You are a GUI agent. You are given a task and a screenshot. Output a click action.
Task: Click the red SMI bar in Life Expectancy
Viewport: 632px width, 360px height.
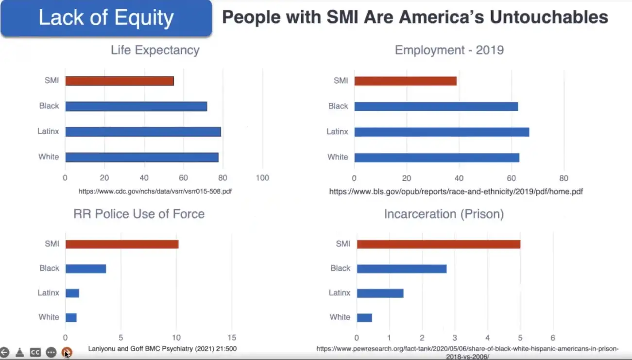[120, 81]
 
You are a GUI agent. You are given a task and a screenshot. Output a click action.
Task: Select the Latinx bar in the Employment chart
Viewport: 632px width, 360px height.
[442, 132]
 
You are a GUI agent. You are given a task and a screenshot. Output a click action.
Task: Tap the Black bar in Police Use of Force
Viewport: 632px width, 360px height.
[85, 268]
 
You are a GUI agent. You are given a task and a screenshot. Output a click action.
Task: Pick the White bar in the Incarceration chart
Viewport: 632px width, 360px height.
[364, 317]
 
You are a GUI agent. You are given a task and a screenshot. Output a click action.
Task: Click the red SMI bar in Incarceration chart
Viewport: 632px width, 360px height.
[438, 244]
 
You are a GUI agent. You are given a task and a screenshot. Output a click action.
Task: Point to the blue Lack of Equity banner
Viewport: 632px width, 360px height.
[106, 18]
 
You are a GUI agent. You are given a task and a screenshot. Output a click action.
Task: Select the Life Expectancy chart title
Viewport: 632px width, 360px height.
[155, 50]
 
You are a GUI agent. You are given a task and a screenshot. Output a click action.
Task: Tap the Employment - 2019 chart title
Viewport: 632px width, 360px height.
[449, 50]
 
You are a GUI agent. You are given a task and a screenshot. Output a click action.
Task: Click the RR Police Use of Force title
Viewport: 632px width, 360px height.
[139, 214]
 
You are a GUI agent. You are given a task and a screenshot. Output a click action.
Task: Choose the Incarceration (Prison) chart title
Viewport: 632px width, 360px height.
[444, 214]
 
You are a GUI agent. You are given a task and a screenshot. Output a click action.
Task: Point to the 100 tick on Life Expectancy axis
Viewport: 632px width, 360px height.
[262, 178]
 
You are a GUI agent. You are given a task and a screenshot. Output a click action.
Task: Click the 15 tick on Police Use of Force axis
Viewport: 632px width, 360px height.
[232, 338]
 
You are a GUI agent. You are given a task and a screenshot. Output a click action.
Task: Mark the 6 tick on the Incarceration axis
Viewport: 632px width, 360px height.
[552, 338]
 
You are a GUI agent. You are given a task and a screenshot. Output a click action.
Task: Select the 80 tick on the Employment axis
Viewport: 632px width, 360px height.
[564, 178]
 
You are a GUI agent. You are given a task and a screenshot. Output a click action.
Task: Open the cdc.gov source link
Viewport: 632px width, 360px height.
[155, 191]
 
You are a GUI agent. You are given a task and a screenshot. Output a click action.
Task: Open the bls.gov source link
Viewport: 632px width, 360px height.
[456, 192]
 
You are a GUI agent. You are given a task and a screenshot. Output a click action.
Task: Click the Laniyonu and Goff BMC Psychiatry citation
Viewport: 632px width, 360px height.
[162, 348]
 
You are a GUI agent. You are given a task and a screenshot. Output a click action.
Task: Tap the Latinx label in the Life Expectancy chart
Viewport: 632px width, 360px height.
[48, 132]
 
